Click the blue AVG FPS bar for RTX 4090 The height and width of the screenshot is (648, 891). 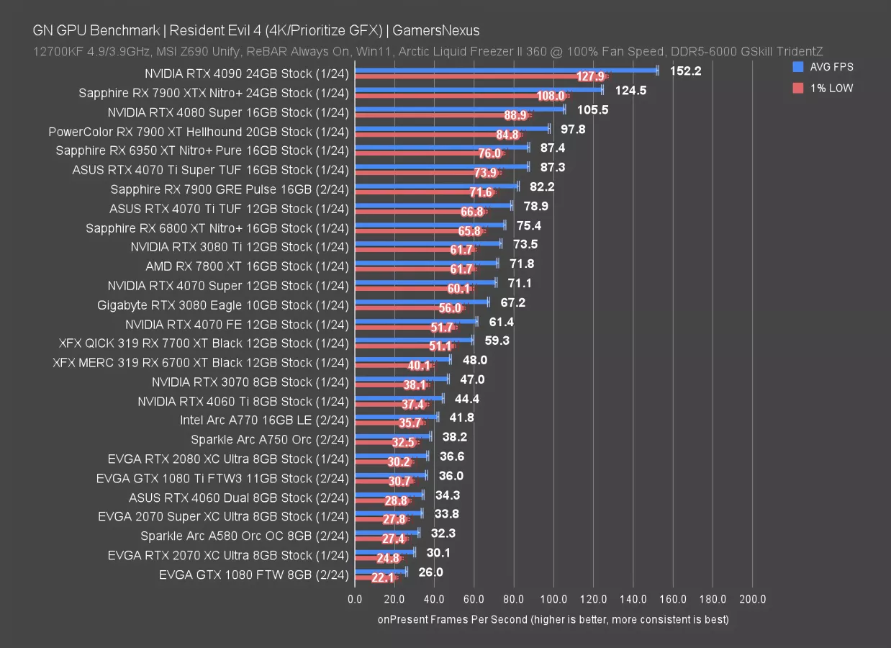point(504,71)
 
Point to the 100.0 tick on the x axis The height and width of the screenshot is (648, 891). point(553,600)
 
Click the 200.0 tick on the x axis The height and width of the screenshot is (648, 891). point(751,600)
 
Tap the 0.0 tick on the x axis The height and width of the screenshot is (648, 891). point(355,600)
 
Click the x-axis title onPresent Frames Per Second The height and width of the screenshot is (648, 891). point(553,619)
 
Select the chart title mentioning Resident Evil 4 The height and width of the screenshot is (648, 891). point(255,30)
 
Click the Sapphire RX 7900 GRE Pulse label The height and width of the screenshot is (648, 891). point(230,189)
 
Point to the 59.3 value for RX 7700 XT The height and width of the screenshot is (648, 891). point(497,341)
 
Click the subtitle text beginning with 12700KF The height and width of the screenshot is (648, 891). point(428,51)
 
